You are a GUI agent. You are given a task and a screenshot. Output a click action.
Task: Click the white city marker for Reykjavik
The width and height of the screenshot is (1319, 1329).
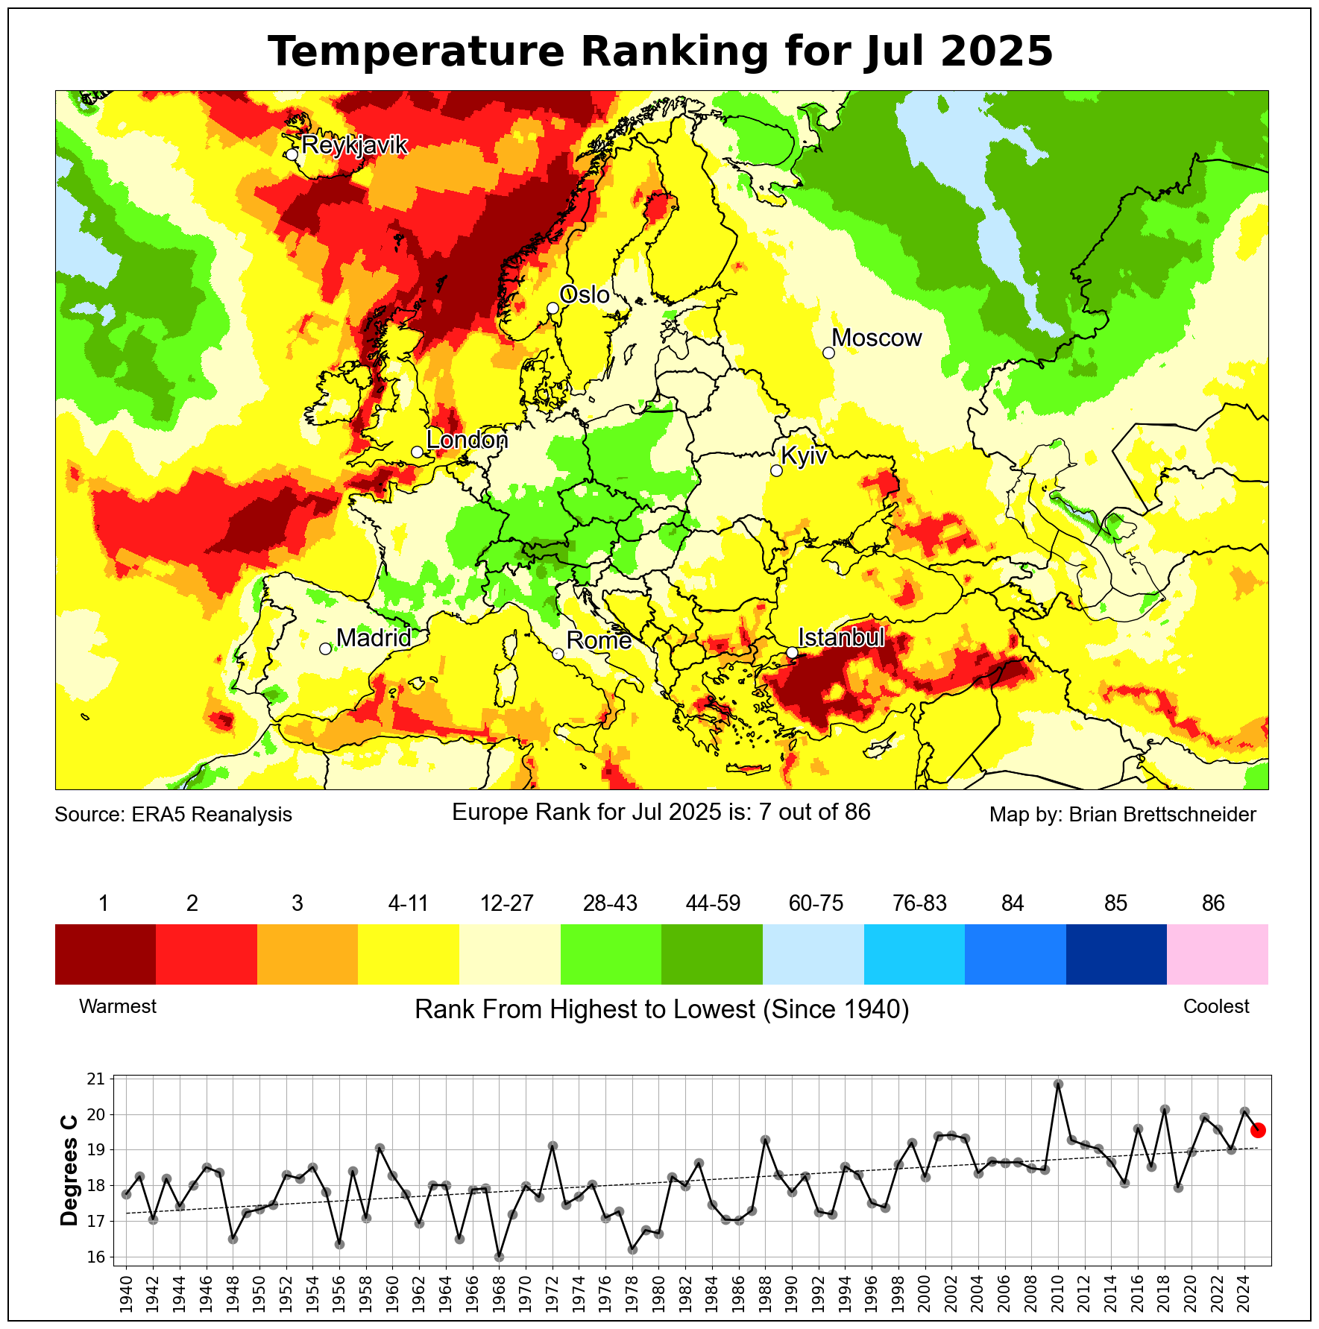click(x=292, y=154)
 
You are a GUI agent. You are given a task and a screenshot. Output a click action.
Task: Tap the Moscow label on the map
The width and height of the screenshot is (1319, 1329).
click(x=876, y=338)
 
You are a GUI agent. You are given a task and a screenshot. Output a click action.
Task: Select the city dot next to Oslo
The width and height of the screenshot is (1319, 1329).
click(x=553, y=308)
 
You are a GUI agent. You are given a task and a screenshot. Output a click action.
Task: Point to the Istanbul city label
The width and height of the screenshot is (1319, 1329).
click(x=841, y=638)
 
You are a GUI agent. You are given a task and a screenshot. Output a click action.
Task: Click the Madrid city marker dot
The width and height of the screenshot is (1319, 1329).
click(x=325, y=649)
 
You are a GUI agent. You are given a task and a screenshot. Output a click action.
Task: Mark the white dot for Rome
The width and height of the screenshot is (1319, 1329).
click(x=558, y=654)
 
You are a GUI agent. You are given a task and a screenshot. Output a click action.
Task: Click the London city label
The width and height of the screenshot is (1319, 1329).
click(x=467, y=441)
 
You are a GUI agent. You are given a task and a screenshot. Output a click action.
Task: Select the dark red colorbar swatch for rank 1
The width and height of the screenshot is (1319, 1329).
click(x=105, y=954)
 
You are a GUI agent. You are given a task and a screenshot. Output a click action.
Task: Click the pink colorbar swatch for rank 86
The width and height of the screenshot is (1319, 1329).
click(x=1217, y=954)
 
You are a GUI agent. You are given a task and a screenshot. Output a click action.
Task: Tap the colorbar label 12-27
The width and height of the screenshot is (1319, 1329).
click(x=507, y=903)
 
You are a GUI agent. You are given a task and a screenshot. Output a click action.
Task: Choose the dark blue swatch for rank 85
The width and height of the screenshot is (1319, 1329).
click(x=1115, y=954)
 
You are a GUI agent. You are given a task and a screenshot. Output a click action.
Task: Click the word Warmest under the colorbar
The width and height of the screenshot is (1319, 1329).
click(x=118, y=1006)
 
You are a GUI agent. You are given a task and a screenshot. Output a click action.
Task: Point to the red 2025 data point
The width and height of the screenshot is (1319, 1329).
click(x=1258, y=1130)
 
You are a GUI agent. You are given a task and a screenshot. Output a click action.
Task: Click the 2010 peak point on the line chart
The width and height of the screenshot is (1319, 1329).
click(x=1058, y=1084)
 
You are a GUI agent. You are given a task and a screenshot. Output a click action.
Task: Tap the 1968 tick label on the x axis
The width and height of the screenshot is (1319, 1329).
click(x=499, y=1294)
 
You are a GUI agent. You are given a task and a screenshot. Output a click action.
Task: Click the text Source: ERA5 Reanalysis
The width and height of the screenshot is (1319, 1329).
click(x=173, y=814)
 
